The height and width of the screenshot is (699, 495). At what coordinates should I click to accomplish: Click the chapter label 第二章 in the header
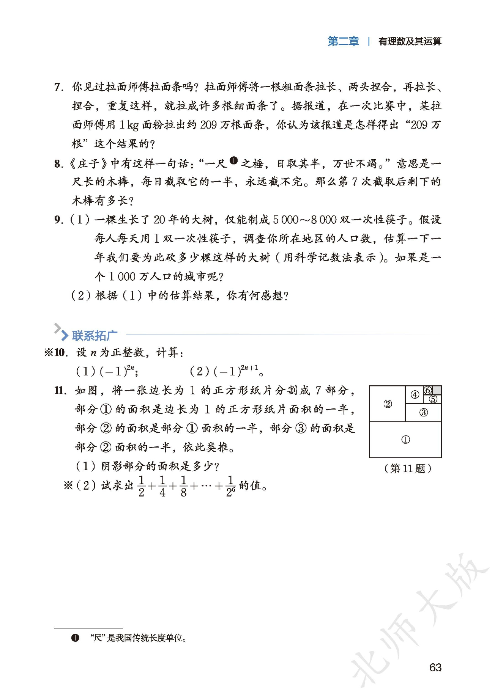[343, 41]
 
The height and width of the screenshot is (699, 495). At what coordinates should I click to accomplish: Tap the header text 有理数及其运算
[410, 41]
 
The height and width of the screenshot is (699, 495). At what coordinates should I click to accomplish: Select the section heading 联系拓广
[95, 335]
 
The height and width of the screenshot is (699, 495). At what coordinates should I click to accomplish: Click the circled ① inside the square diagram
[405, 440]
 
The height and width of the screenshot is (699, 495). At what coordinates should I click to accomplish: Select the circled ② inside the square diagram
[387, 404]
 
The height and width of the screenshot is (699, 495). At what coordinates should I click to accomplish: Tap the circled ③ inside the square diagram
[423, 412]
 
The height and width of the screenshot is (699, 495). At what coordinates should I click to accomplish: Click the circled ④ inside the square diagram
[415, 395]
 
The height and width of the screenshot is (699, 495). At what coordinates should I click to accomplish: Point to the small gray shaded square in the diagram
[437, 390]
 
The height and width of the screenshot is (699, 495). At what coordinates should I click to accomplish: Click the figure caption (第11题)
[408, 468]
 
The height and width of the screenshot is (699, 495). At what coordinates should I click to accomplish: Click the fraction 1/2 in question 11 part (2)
[141, 486]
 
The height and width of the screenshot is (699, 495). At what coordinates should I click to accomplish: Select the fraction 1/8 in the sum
[183, 486]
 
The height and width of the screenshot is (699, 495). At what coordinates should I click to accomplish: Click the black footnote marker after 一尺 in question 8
[233, 160]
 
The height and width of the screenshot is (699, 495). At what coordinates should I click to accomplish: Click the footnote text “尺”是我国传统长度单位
[138, 638]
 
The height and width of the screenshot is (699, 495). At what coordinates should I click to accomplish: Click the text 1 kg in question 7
[129, 125]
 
